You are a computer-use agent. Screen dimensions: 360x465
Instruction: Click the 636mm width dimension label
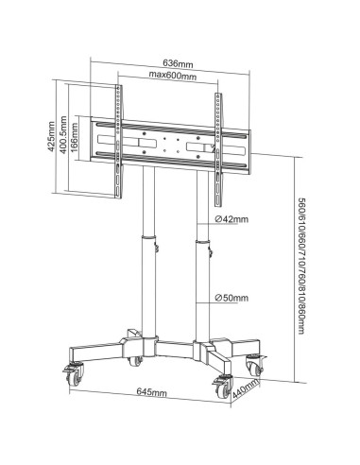coord(178,64)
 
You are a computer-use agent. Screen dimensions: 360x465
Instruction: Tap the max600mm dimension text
coord(172,76)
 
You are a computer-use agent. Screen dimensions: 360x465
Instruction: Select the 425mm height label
coord(51,136)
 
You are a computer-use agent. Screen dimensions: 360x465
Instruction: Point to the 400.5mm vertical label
coord(63,135)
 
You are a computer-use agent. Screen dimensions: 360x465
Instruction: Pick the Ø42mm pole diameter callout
coord(232,219)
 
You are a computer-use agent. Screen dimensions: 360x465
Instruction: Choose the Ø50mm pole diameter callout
coord(232,298)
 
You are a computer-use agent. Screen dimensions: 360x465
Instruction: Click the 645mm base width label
coord(152,392)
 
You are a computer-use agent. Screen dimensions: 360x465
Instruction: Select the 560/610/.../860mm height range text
coord(301,266)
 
